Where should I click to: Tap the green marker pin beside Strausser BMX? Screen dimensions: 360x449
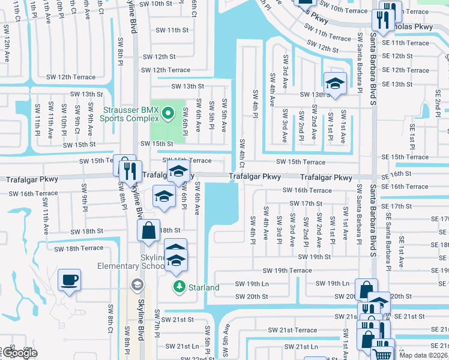pos(168,112)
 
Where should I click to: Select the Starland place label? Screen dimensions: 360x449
pos(203,287)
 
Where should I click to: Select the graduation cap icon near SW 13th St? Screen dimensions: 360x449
pos(335,82)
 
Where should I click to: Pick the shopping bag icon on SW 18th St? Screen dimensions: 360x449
pos(148,230)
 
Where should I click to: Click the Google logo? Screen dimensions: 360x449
pos(20,353)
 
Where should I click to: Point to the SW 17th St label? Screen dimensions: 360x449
pos(306,203)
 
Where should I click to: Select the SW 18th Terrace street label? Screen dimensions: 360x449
pos(79,248)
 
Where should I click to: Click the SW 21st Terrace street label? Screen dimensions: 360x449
pos(292,330)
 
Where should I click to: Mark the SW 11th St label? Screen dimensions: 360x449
pos(172,30)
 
